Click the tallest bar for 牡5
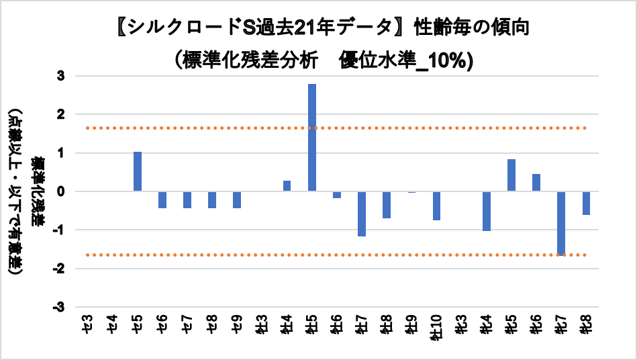click(312, 137)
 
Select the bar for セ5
click(138, 171)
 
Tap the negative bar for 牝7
click(561, 223)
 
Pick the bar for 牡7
click(362, 214)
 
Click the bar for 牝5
click(511, 175)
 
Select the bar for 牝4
click(487, 211)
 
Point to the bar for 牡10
click(436, 206)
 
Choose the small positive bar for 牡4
click(287, 186)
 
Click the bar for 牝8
click(586, 203)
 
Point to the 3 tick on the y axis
click(60, 77)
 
